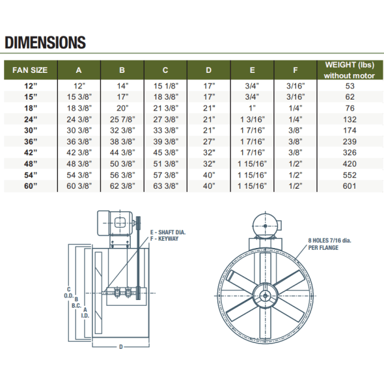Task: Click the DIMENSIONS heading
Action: pos(45,43)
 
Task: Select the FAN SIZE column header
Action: pos(31,70)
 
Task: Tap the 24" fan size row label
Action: pos(31,119)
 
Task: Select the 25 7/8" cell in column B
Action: pos(122,119)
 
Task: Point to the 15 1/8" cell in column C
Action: pos(165,85)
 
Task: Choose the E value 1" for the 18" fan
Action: pos(252,108)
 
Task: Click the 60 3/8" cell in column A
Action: pos(79,186)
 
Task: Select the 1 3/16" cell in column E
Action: pos(252,119)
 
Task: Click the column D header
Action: pos(208,70)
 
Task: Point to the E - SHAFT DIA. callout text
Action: pos(169,232)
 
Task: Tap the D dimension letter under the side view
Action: pos(121,347)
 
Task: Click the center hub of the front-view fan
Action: pos(266,295)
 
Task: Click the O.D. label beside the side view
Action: pos(69,295)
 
